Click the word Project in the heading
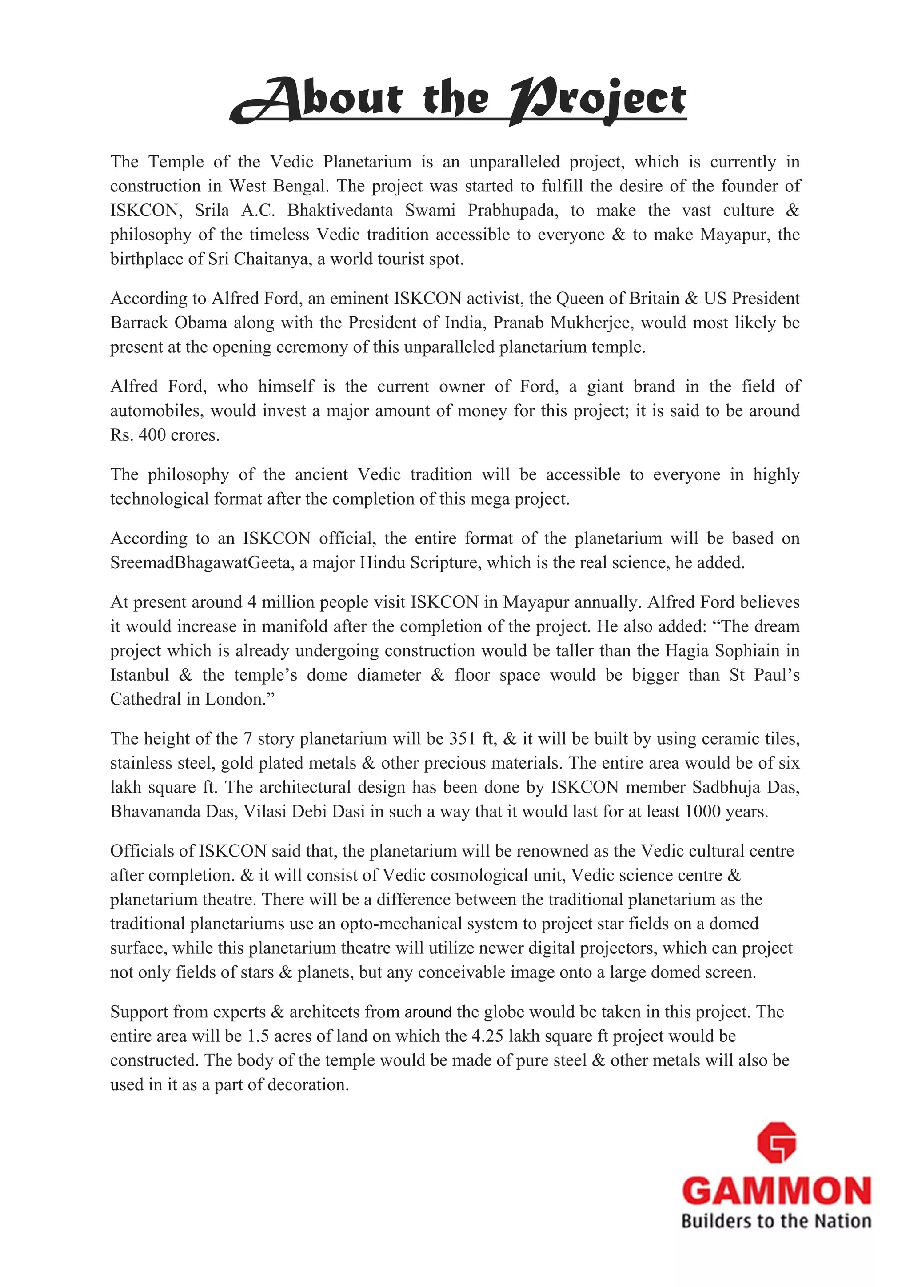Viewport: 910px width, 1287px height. tap(597, 101)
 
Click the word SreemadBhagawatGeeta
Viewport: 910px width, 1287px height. tap(200, 563)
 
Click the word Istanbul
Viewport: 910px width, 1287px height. tap(139, 675)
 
